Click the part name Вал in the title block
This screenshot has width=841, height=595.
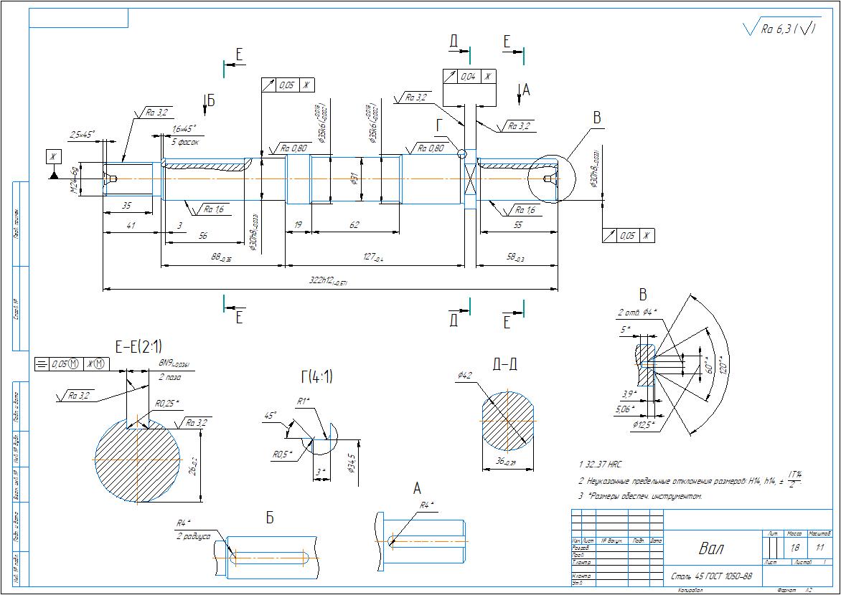click(711, 549)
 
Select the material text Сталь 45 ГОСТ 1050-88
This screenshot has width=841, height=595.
click(711, 576)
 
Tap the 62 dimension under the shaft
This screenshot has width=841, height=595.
click(354, 225)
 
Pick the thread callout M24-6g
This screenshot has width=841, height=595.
click(74, 178)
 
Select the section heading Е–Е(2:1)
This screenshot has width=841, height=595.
click(138, 348)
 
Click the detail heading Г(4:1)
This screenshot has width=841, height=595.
click(316, 377)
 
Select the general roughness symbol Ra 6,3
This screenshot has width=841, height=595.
click(780, 29)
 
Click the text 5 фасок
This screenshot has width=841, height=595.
click(185, 142)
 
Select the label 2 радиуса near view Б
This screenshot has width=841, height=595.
click(194, 535)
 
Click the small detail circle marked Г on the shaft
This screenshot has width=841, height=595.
click(461, 153)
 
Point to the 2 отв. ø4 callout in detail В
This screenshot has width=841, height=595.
click(636, 313)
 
